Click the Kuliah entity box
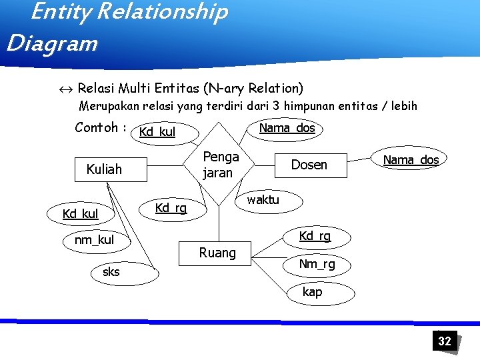click(104, 169)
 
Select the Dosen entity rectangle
click(309, 165)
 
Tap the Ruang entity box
click(217, 253)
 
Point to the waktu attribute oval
click(264, 199)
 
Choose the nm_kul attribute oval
click(94, 240)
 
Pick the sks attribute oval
click(112, 272)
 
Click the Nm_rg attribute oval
click(317, 265)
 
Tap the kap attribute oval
click(312, 291)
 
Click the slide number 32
click(445, 341)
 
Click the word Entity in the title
click(57, 11)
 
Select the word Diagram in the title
click(51, 44)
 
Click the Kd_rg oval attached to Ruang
click(315, 236)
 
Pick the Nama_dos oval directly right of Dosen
click(411, 160)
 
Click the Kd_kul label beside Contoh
click(157, 132)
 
